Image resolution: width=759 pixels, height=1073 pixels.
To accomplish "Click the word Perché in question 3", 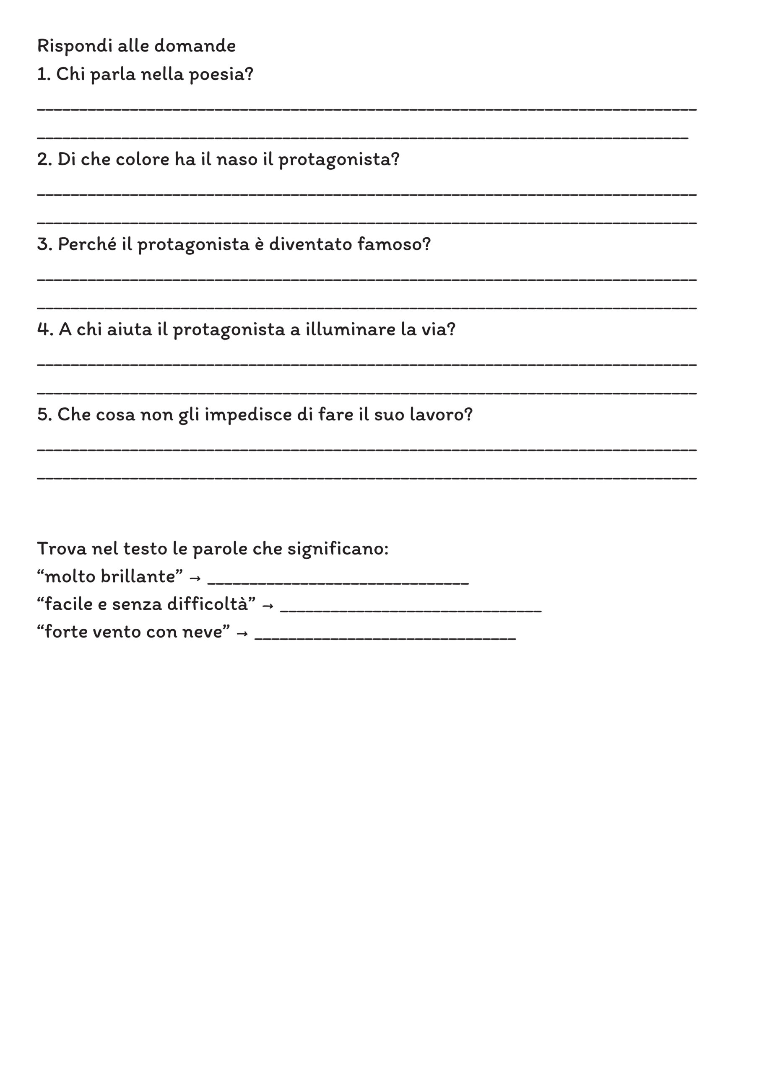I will click(x=86, y=244).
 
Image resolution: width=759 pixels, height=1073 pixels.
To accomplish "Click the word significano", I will click(x=338, y=549).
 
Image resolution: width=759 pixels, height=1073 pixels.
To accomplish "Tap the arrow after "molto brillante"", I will click(x=195, y=578).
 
